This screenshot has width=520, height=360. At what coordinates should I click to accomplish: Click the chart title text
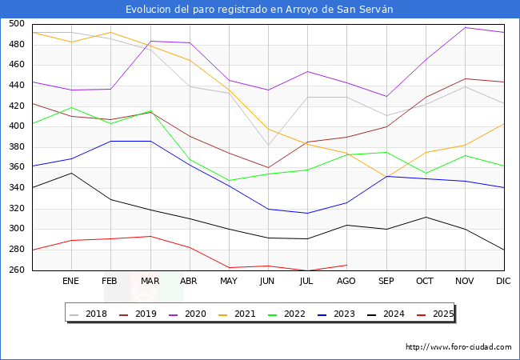tap(260, 9)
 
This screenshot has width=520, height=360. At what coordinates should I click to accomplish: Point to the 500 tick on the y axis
tap(17, 24)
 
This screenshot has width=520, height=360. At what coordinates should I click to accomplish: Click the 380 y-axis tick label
tap(17, 147)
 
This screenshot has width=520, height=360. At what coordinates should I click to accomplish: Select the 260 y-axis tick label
tap(17, 270)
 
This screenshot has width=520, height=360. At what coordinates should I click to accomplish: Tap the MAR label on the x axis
tap(150, 282)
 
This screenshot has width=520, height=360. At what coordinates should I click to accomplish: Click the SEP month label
tap(386, 282)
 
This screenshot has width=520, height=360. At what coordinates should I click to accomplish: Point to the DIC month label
tap(504, 282)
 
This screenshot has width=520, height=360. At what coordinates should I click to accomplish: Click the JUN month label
tap(268, 282)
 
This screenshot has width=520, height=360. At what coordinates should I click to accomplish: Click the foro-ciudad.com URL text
tap(458, 347)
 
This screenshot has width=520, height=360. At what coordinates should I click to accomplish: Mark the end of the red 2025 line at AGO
tap(346, 265)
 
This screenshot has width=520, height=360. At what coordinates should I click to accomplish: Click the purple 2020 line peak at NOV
tap(465, 28)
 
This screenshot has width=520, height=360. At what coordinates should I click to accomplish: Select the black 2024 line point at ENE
tap(71, 173)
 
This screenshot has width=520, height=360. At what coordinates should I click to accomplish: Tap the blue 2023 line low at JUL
tap(307, 213)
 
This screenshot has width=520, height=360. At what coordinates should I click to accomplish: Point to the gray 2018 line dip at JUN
tap(268, 146)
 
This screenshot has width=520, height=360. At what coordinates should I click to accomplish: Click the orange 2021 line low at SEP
tap(386, 176)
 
